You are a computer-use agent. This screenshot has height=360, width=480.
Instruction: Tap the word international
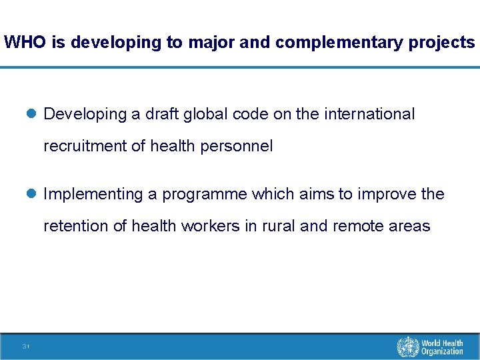point(369,114)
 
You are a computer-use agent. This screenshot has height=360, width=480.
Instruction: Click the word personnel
point(237,146)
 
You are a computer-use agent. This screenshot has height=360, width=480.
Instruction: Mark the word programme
point(205,194)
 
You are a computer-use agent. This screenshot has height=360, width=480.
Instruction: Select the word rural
point(278,226)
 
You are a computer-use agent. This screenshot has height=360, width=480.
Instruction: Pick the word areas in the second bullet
point(411,226)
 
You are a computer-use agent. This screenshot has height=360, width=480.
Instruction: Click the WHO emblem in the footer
point(407,347)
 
